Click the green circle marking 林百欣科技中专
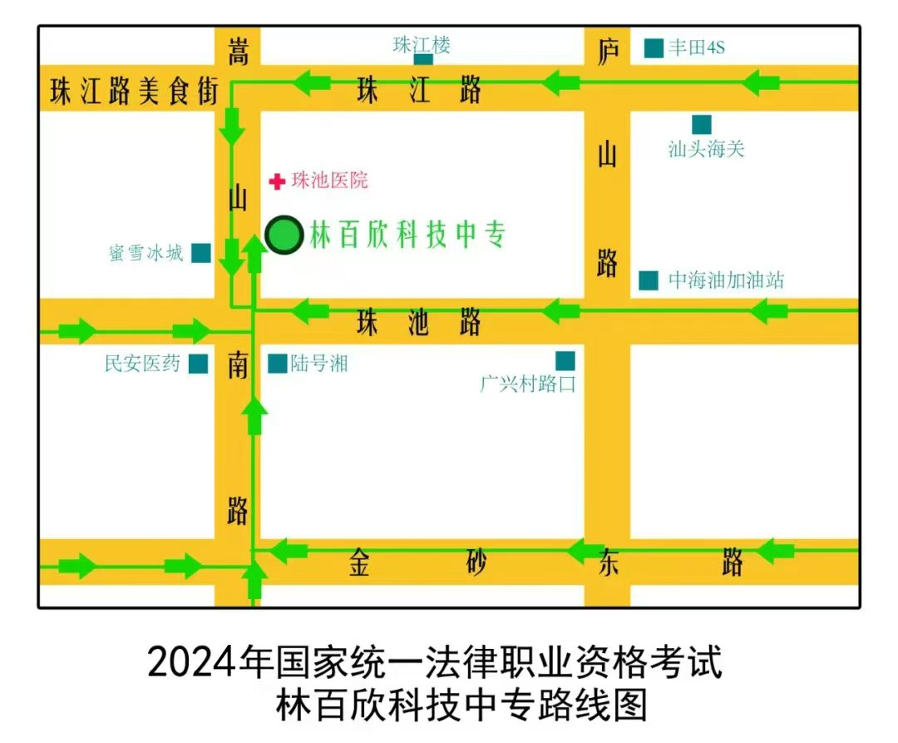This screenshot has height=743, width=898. pos(284,235)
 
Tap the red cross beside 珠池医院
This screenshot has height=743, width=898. pos(279,181)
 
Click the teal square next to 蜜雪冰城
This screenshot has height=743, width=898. pos(200,253)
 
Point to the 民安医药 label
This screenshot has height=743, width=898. pos(142,364)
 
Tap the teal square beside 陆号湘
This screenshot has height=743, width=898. pos(278,364)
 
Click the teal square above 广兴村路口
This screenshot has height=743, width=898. pos(565,360)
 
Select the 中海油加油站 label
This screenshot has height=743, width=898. pos(726,280)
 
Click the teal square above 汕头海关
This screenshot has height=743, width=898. pos(702,125)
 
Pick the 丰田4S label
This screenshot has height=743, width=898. pos(697,47)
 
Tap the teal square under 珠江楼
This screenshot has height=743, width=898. pos(423,59)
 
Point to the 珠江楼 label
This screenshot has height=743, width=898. pos(422,44)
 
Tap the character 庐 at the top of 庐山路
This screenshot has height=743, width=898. pos(608,51)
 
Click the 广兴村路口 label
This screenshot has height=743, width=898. pos(527,384)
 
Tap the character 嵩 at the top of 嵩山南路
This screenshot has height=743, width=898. pos(239,52)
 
